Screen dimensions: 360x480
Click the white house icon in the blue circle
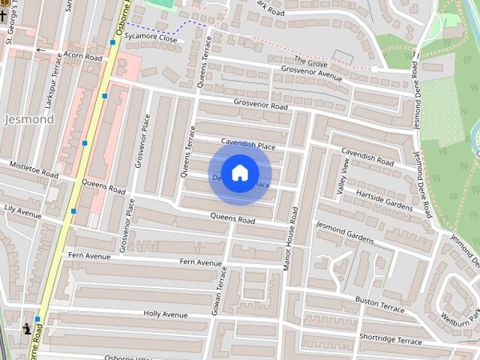(239, 172)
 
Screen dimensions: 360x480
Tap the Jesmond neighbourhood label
(29, 119)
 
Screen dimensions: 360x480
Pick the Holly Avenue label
(166, 314)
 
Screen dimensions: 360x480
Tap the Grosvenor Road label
(260, 105)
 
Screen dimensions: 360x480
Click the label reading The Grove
(311, 59)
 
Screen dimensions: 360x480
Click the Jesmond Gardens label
(344, 232)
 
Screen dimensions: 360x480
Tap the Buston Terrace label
(379, 304)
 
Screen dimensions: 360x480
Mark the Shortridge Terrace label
(390, 338)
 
